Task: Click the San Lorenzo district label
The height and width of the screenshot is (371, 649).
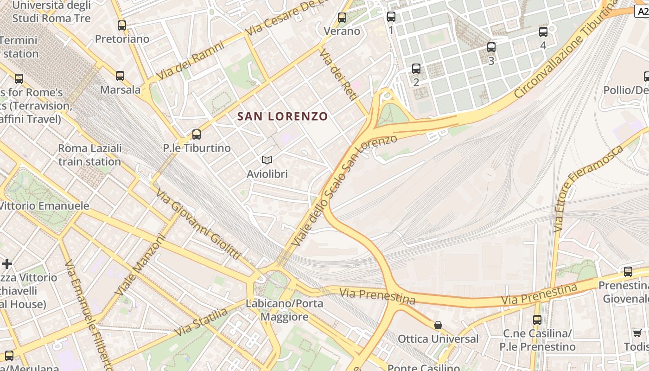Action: [x=282, y=116]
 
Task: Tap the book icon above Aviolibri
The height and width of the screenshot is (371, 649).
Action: [x=267, y=160]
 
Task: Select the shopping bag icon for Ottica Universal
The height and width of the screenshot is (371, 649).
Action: [x=438, y=325]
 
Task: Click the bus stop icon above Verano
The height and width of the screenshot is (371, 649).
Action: [x=342, y=18]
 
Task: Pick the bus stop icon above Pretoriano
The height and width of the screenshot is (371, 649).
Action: [x=122, y=26]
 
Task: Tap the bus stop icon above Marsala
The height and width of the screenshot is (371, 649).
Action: [x=120, y=76]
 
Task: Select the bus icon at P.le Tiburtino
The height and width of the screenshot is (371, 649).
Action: [x=197, y=134]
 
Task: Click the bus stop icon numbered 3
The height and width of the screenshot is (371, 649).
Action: [x=491, y=47]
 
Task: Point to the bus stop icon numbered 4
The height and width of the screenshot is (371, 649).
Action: [x=543, y=32]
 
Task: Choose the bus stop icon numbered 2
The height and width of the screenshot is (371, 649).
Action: [x=416, y=69]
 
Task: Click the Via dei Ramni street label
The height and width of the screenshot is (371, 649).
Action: [x=190, y=60]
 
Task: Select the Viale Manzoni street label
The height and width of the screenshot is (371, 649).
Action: [x=140, y=265]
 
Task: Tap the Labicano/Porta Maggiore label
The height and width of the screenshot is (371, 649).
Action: [x=285, y=310]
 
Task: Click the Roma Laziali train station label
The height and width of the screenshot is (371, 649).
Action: [x=89, y=155]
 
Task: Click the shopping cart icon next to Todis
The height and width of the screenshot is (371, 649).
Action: [x=637, y=333]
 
